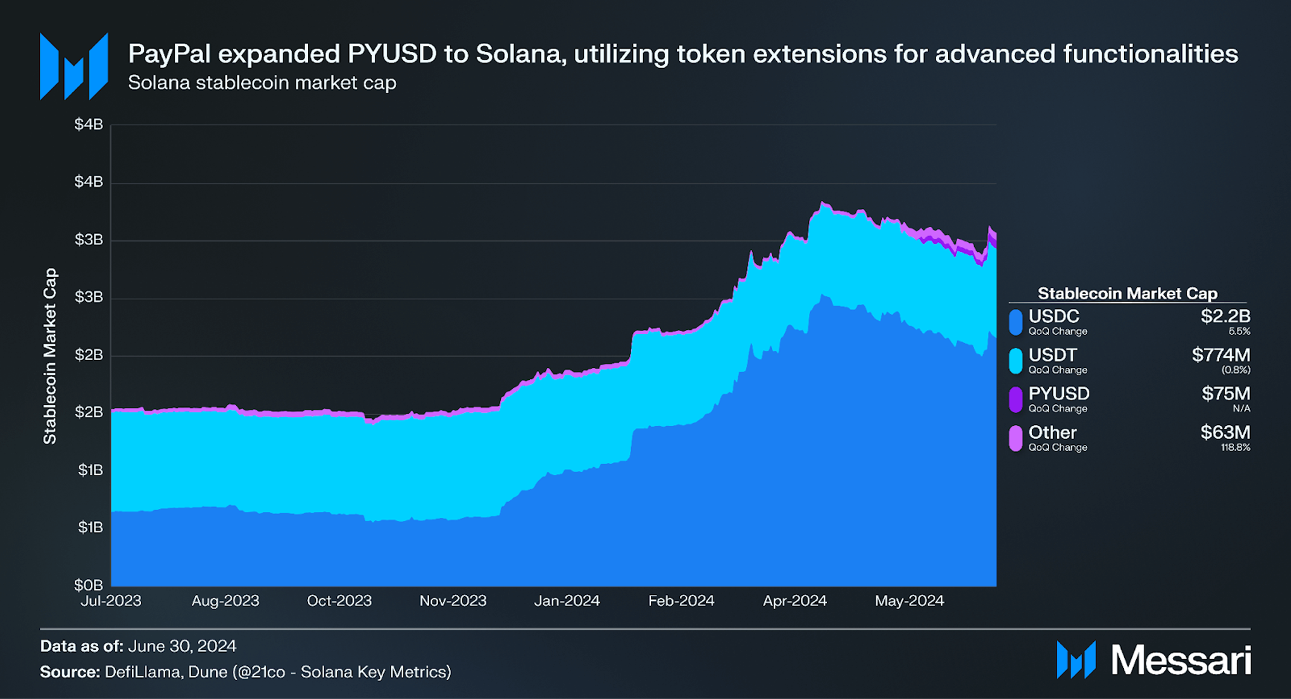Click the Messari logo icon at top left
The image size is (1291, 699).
click(x=74, y=66)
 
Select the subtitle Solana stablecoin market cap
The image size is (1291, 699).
click(x=262, y=82)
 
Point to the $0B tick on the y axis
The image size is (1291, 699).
click(x=88, y=585)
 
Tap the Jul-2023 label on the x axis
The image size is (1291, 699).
click(x=111, y=601)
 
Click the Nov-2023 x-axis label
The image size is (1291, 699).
click(x=453, y=601)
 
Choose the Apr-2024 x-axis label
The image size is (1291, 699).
click(x=794, y=601)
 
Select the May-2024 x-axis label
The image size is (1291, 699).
click(x=909, y=601)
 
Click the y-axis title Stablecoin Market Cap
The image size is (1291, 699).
click(x=50, y=356)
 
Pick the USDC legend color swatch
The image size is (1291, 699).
click(x=1016, y=322)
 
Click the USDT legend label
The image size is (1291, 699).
click(x=1052, y=355)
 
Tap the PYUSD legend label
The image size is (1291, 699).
click(x=1059, y=394)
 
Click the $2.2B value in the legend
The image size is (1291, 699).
click(x=1225, y=316)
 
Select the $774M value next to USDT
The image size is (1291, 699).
click(x=1220, y=355)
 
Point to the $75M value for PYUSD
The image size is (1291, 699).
click(x=1225, y=394)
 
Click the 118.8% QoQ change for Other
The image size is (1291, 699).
click(x=1235, y=447)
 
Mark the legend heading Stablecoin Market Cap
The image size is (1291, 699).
click(x=1127, y=293)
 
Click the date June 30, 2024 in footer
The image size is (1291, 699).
click(x=182, y=646)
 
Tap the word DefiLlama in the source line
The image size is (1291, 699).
click(x=142, y=672)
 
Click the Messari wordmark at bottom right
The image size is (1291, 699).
click(x=1180, y=660)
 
